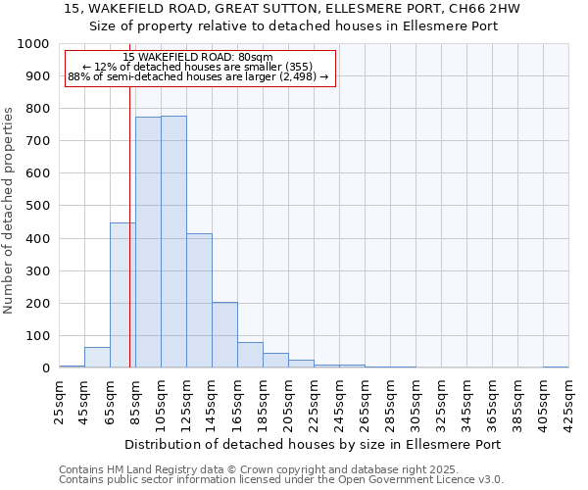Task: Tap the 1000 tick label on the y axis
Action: click(x=33, y=44)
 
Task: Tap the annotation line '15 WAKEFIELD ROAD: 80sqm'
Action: click(x=199, y=58)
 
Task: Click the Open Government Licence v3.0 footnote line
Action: click(x=281, y=480)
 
